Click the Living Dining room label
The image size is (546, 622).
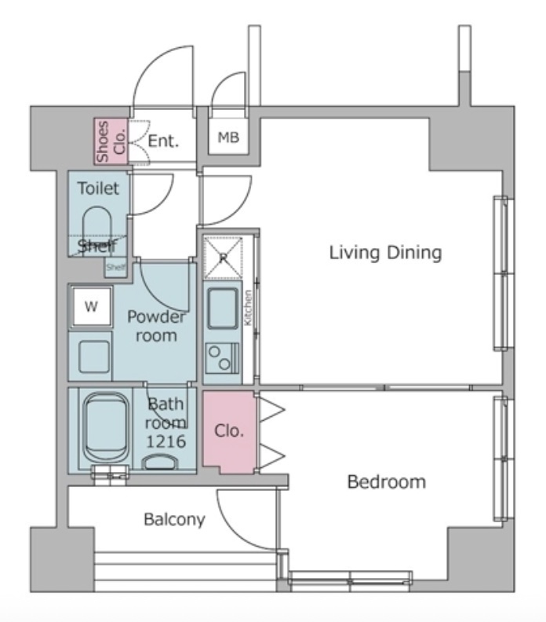click(x=385, y=254)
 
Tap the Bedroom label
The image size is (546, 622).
click(x=387, y=482)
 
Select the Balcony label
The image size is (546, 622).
click(x=174, y=520)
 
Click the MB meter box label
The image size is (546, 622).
click(x=228, y=137)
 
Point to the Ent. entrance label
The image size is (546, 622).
click(x=163, y=141)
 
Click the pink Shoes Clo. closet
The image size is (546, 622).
click(x=111, y=141)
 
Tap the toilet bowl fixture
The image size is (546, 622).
click(x=97, y=227)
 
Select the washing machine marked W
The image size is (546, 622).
click(x=91, y=306)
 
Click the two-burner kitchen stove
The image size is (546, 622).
click(x=222, y=358)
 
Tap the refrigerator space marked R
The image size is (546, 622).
click(x=223, y=258)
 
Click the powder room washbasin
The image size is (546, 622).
click(x=94, y=357)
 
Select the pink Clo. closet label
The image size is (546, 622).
click(x=228, y=431)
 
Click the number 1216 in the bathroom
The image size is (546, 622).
click(x=166, y=441)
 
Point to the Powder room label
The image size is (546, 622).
click(x=156, y=326)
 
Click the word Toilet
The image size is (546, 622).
click(x=98, y=188)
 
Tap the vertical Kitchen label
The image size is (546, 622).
click(x=248, y=308)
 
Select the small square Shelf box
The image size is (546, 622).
click(x=115, y=267)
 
